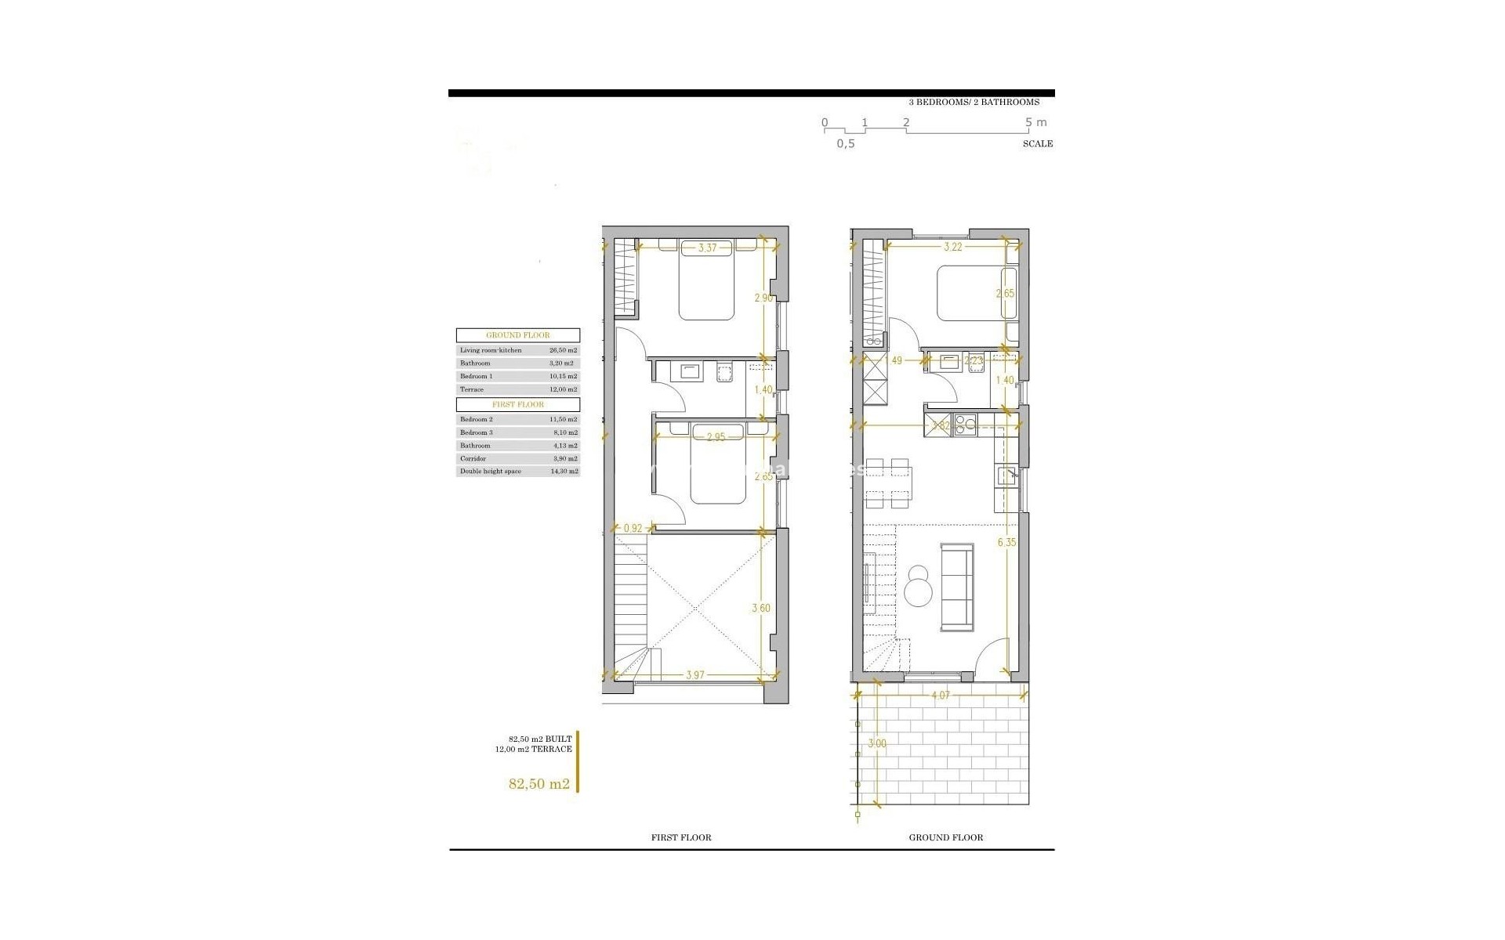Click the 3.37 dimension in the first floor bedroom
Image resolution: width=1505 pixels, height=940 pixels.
(707, 248)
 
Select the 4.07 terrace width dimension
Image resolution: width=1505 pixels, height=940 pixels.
(941, 694)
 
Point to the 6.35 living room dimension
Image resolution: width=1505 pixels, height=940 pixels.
(1006, 541)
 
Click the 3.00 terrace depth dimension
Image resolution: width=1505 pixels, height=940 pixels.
(877, 743)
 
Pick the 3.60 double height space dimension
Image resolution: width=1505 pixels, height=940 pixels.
(761, 609)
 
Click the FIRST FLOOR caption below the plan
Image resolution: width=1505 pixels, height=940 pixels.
(681, 837)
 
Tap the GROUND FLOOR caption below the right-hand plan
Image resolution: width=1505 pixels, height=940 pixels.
(945, 837)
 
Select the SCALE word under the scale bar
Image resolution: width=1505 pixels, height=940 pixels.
(1037, 143)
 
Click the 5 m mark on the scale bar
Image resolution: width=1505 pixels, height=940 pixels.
(1035, 122)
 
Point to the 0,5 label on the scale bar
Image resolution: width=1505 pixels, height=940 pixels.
(845, 143)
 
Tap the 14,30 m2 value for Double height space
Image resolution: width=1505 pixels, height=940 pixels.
(564, 472)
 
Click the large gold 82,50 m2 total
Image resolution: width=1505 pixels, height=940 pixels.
(539, 783)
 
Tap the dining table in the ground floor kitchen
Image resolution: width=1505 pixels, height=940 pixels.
(887, 483)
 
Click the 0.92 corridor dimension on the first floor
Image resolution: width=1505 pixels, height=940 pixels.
(633, 529)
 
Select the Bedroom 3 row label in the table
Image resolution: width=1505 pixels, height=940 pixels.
(476, 432)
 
